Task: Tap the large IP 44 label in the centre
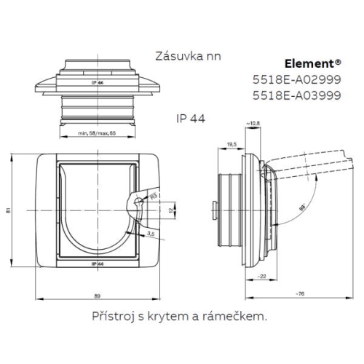(190, 119)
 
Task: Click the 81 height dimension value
(8, 211)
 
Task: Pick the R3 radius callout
(153, 196)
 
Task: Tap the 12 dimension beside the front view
(170, 211)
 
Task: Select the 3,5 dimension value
(149, 233)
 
